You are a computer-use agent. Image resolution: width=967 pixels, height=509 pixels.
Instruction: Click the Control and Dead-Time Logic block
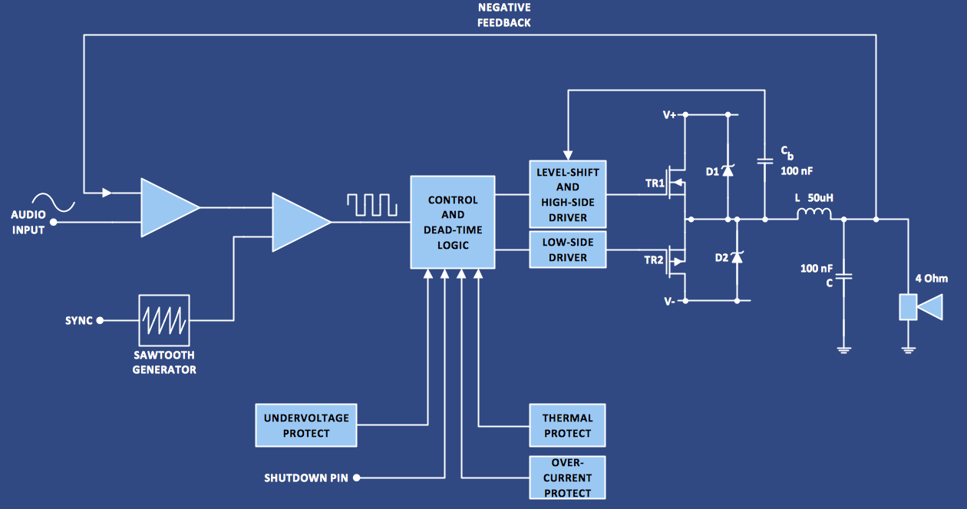[453, 223]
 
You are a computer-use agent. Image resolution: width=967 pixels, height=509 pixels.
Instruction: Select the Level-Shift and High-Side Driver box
[568, 194]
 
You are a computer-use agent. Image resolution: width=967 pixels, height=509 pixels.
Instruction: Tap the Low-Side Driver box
[568, 250]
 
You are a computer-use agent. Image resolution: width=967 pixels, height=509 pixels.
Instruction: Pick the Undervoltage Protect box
[306, 425]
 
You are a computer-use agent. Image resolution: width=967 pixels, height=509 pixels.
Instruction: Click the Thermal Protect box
[567, 425]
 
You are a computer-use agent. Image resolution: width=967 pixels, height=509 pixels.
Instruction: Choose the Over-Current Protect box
[567, 478]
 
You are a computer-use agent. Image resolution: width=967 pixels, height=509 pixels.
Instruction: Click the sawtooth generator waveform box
[163, 320]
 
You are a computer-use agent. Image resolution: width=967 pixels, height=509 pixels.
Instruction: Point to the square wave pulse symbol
[371, 204]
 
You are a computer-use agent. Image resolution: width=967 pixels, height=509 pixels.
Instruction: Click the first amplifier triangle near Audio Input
[167, 207]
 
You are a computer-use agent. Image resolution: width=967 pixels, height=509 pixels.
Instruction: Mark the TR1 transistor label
[655, 184]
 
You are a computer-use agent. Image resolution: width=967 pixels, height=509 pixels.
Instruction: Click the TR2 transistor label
[655, 259]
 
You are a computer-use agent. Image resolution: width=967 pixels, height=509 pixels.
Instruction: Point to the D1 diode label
[712, 171]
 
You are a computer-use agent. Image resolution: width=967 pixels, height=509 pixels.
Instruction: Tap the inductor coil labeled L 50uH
[814, 214]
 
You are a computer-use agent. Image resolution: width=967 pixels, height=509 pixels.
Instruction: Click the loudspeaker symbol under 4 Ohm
[919, 308]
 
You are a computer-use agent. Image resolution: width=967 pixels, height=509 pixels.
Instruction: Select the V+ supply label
[669, 115]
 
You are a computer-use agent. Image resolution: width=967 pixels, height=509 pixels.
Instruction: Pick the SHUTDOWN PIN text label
[306, 478]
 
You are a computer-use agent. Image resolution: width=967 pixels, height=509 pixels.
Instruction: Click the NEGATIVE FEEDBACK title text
[503, 15]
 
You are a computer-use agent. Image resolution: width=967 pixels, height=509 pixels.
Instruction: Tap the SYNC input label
[78, 320]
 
